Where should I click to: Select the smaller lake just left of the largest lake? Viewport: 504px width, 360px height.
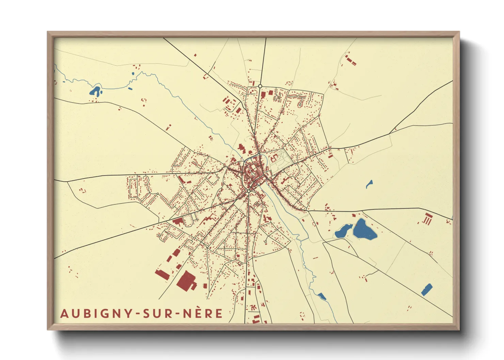click(343, 231)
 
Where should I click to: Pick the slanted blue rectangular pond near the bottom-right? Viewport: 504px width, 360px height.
click(426, 290)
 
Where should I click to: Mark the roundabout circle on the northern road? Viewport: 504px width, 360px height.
click(260, 86)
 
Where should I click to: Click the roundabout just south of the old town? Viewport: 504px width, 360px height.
click(249, 192)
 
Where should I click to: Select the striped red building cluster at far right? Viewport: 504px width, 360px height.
click(427, 218)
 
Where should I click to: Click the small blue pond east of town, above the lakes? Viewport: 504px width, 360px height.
click(369, 184)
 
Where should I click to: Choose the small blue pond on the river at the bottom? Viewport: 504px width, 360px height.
click(321, 296)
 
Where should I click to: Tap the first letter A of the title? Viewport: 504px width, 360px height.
click(64, 313)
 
